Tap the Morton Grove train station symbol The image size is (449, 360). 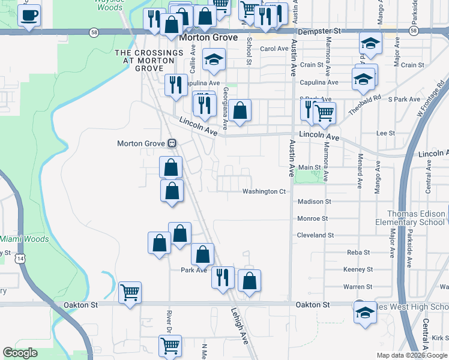pos(172,143)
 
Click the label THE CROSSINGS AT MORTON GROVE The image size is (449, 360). pos(149,61)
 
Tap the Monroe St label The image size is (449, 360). pos(312,219)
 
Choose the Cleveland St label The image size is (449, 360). pos(315,235)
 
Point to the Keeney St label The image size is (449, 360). pos(359,269)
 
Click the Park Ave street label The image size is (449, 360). pos(194,270)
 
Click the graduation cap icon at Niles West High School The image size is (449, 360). pos(364,313)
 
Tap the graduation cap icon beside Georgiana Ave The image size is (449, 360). pos(213,59)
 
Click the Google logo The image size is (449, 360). pos(20,353)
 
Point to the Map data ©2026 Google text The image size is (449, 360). pos(412,355)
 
